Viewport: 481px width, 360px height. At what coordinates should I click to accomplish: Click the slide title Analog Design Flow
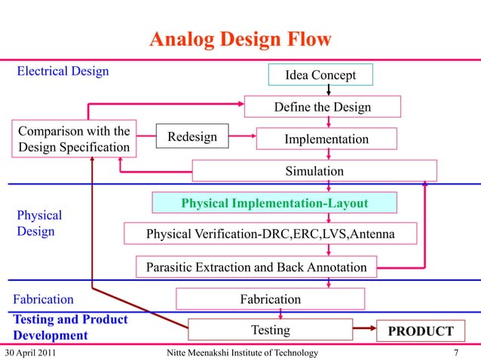pos(239,39)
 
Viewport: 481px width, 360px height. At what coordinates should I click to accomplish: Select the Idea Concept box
pos(320,75)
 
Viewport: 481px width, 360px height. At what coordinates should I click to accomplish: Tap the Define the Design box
pos(322,107)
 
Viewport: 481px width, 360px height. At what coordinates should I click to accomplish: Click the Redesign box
pos(191,137)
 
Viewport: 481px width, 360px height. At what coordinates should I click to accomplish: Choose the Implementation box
pos(326,139)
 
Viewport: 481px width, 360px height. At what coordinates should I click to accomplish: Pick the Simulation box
pos(314,171)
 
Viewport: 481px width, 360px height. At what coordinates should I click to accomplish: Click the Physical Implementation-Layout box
pos(274,203)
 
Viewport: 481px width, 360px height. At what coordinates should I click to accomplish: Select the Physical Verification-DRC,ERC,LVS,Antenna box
pos(270,235)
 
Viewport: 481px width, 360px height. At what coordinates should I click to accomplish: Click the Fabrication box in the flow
pos(270,299)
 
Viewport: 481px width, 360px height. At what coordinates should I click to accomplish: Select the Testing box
pos(269,330)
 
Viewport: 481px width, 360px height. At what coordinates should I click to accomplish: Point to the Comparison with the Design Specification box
pos(74,138)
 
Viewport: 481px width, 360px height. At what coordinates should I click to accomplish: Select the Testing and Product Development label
pos(70,327)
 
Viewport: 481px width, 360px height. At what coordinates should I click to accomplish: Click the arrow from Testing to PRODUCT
pos(365,330)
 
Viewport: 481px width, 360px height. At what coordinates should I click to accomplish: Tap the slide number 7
pos(457,352)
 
